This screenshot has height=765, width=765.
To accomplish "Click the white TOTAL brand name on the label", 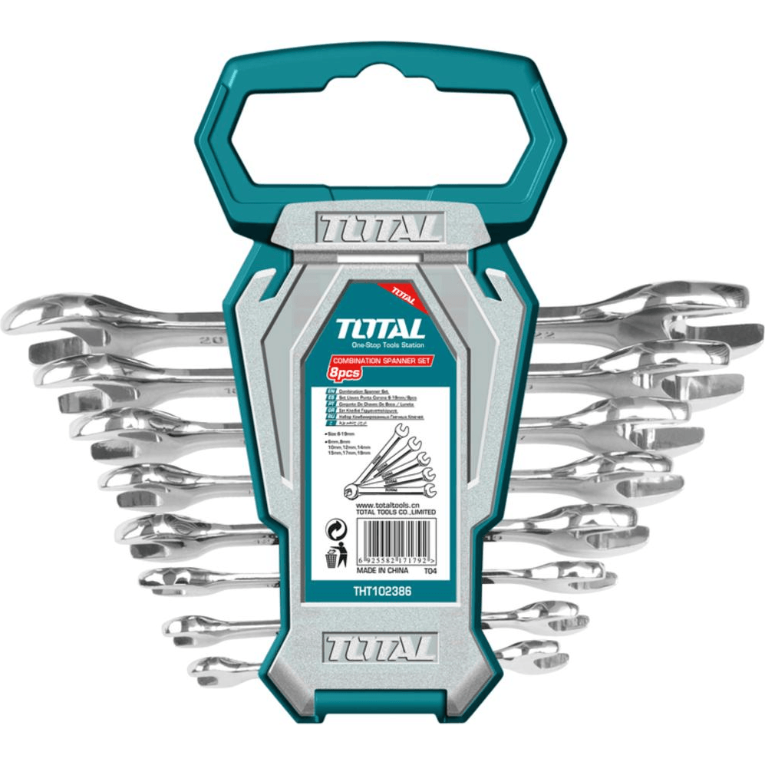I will (380, 331).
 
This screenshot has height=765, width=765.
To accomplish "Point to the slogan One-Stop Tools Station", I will (381, 347).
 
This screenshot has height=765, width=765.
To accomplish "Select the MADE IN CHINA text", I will (381, 572).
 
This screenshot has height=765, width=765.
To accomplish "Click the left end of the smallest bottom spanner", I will (206, 670).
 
